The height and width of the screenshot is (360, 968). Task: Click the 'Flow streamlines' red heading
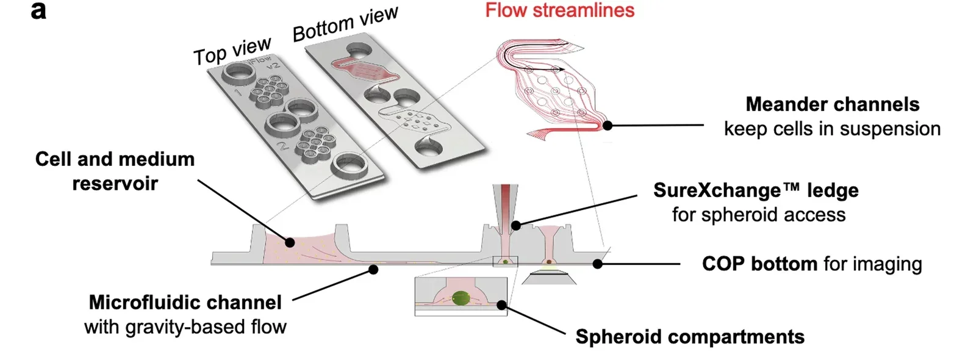click(x=559, y=10)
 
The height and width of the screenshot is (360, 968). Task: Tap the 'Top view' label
click(x=232, y=51)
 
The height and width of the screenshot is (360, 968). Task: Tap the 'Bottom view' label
click(x=345, y=24)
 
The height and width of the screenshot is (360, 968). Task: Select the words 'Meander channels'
click(x=832, y=104)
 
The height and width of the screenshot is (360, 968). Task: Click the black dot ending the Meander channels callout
click(x=608, y=125)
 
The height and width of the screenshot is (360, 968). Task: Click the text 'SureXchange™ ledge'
click(x=756, y=190)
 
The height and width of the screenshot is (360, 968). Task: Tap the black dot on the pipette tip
click(x=515, y=225)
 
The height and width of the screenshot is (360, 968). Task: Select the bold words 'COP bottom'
click(x=759, y=264)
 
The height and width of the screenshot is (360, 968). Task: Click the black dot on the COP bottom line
click(x=598, y=264)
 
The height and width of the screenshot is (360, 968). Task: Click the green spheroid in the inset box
click(x=462, y=299)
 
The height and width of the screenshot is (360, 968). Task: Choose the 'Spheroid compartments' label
click(x=689, y=337)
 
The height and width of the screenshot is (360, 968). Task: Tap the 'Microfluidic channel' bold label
click(x=185, y=302)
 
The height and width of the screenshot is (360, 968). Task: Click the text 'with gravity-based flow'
click(x=185, y=327)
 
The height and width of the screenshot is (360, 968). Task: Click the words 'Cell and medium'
click(x=115, y=159)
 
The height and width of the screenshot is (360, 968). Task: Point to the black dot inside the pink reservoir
click(x=290, y=242)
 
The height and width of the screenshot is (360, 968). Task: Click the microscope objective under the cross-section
click(x=548, y=278)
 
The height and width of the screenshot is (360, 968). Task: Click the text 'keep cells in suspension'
click(x=832, y=129)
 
